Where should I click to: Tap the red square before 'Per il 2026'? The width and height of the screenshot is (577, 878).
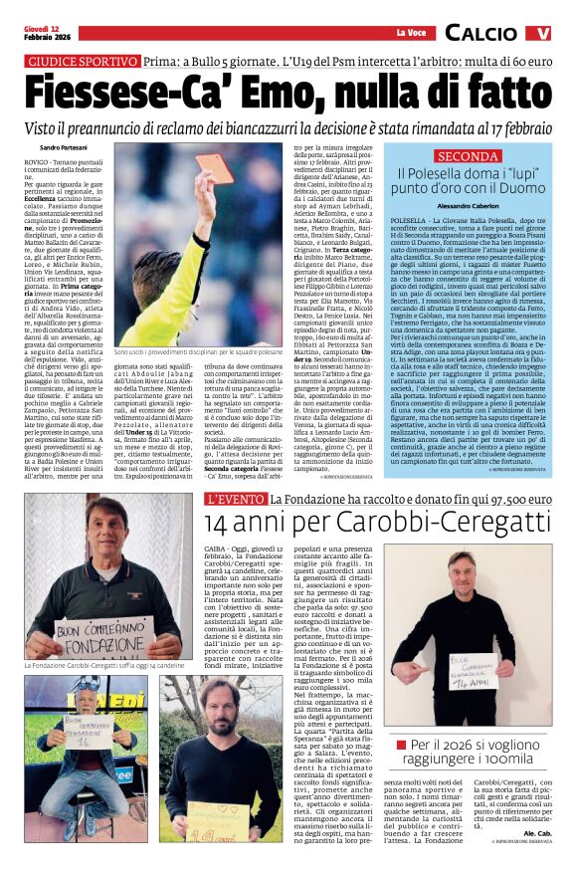coord(402,744)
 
